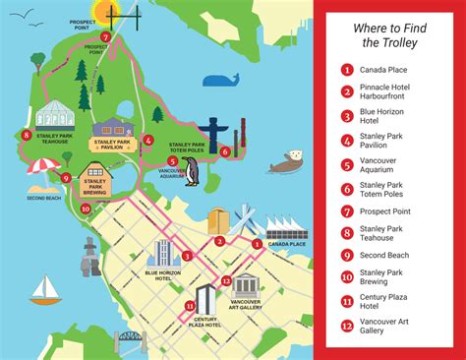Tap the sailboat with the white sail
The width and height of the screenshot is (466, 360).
[44, 289]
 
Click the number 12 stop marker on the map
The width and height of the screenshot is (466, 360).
[226, 280]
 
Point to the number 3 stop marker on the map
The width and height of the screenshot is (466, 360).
[187, 256]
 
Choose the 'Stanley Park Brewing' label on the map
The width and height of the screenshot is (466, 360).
[95, 187]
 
